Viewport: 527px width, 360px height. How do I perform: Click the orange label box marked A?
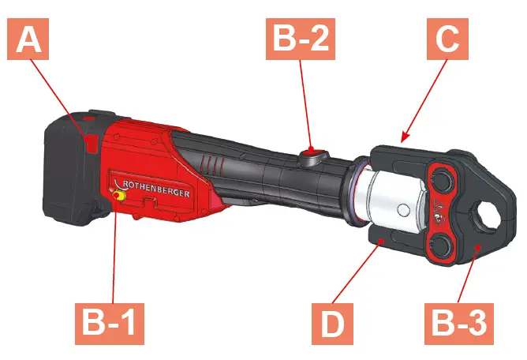(30, 37)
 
